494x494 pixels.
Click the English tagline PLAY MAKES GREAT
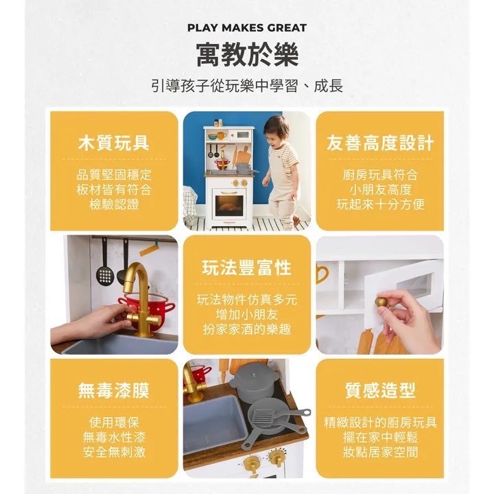tap(247, 28)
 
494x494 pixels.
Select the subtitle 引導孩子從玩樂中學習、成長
tap(247, 87)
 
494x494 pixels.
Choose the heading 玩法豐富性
tap(246, 268)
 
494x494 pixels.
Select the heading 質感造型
tap(380, 390)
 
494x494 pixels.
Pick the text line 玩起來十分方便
tap(380, 204)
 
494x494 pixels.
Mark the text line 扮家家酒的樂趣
tap(246, 329)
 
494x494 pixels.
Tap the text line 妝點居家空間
tap(380, 452)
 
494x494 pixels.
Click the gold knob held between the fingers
tap(381, 302)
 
